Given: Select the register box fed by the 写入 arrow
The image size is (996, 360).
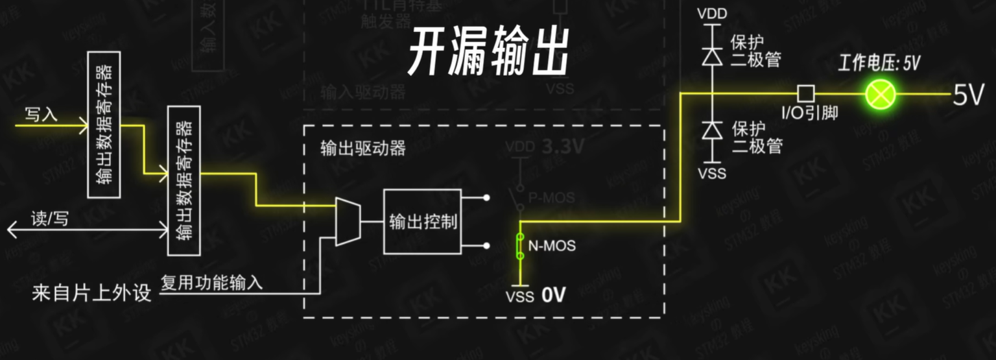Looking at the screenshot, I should pos(104,124).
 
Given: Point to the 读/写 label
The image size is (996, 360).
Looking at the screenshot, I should pos(49,219).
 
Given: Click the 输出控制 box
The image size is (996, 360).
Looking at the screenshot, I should pos(422,222).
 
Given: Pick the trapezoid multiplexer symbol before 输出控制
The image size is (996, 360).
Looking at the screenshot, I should pos(348,222).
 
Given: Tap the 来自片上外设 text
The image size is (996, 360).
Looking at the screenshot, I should pos(91,293).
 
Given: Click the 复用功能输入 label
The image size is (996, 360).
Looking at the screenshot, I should pos(211,282).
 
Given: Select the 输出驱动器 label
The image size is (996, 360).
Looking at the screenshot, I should pos(363,148).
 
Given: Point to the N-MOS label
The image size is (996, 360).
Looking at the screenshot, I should pos(552,246).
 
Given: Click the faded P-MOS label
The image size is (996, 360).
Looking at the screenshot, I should pos(551,197).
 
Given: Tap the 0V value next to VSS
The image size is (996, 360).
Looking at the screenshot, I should pos(554,295).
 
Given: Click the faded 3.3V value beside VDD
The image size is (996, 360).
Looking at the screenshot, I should pos(562,147).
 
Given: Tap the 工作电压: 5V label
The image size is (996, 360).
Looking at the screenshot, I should pos(879,63).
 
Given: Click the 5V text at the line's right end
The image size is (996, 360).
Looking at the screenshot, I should pos(968,95).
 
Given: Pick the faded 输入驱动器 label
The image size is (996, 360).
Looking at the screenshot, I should pos(363,91).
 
